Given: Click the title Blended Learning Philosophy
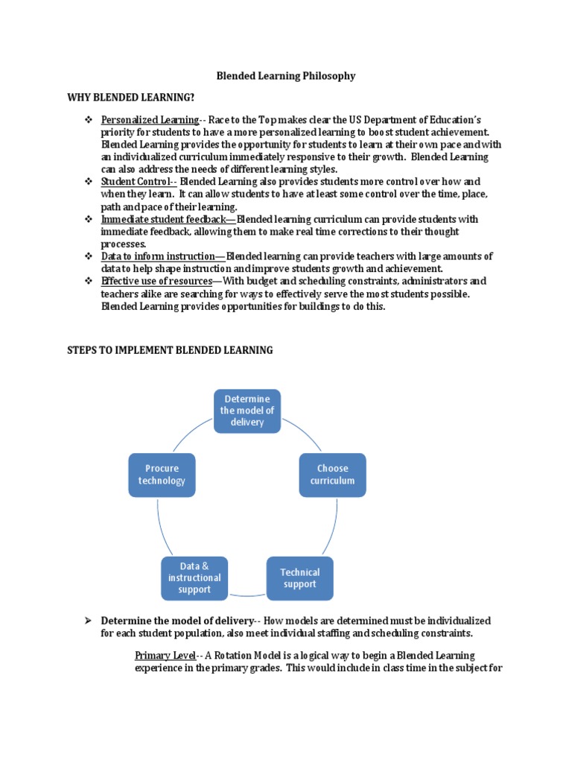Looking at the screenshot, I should [x=285, y=76].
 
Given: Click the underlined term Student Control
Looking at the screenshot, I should [x=136, y=182].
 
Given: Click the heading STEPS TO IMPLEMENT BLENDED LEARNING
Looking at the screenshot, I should [x=170, y=349].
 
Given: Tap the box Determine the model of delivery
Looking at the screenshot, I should [x=247, y=411].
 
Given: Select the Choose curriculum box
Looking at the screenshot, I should [x=332, y=475].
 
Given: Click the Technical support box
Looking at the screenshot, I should [x=299, y=578].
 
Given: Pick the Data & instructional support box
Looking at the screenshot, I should [x=194, y=578].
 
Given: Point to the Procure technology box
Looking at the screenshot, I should [x=162, y=475].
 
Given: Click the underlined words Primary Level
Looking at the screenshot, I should [x=165, y=656].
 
